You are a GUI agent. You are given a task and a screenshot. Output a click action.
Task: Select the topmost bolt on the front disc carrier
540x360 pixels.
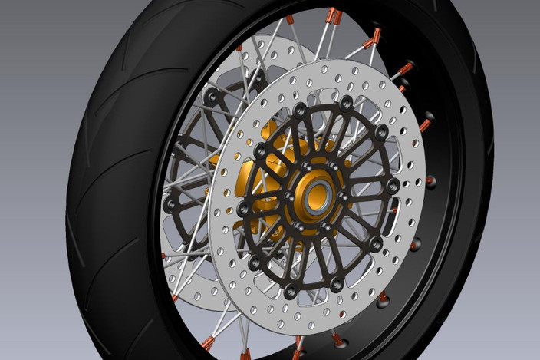point(347,101)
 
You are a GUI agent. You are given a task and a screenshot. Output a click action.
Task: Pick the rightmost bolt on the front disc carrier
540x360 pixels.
point(393,187)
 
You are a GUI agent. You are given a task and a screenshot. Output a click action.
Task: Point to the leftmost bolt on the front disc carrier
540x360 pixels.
point(243,209)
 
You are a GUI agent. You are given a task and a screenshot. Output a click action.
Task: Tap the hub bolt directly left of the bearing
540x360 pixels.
point(290,197)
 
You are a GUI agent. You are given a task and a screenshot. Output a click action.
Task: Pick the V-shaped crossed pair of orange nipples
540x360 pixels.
point(374,38)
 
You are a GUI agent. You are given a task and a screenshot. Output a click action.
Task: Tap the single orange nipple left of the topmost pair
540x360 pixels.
point(289,20)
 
